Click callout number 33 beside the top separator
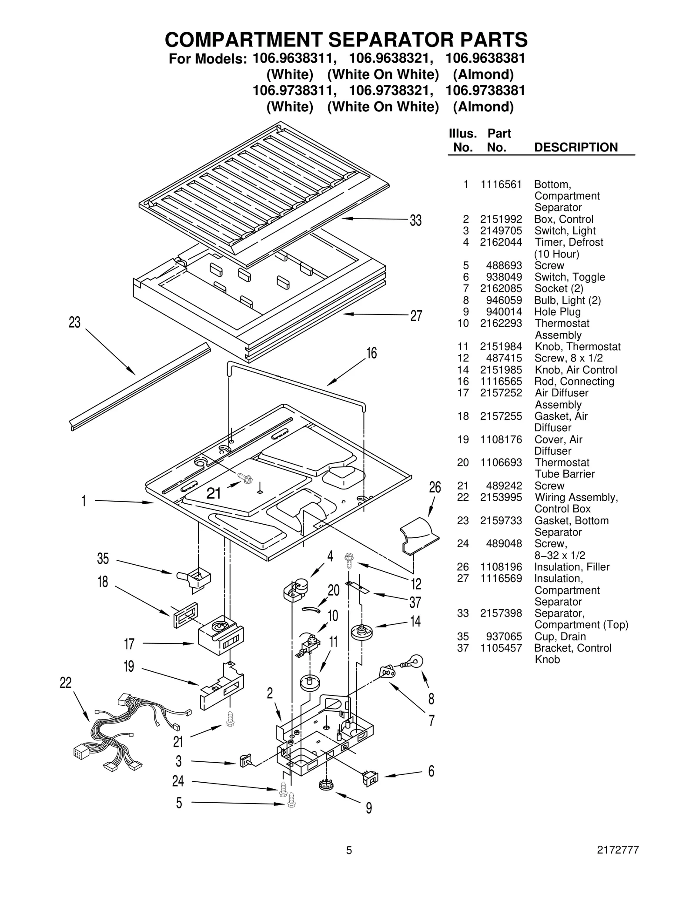415,221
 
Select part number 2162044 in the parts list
501,242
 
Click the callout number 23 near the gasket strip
75,322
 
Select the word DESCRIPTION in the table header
576,147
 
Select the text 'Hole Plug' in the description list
557,312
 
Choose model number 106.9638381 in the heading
485,58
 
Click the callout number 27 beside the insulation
416,316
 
